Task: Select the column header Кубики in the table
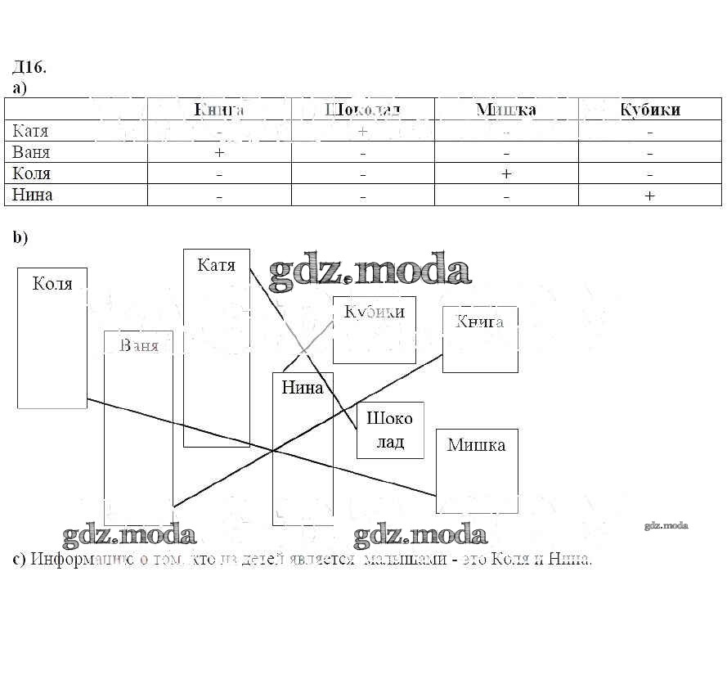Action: (x=650, y=110)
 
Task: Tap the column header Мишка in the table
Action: (x=506, y=110)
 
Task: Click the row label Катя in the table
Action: (x=31, y=131)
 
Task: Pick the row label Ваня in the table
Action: (x=32, y=152)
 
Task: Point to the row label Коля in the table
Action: (x=32, y=173)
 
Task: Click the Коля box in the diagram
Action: (x=52, y=337)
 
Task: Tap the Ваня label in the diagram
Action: (x=138, y=345)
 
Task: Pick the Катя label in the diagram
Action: (x=216, y=265)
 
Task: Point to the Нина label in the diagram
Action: (x=302, y=388)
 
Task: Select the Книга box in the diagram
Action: (x=480, y=339)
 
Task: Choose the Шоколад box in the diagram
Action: (x=390, y=430)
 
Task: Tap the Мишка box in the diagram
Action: (x=477, y=470)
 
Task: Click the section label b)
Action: (x=20, y=237)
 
